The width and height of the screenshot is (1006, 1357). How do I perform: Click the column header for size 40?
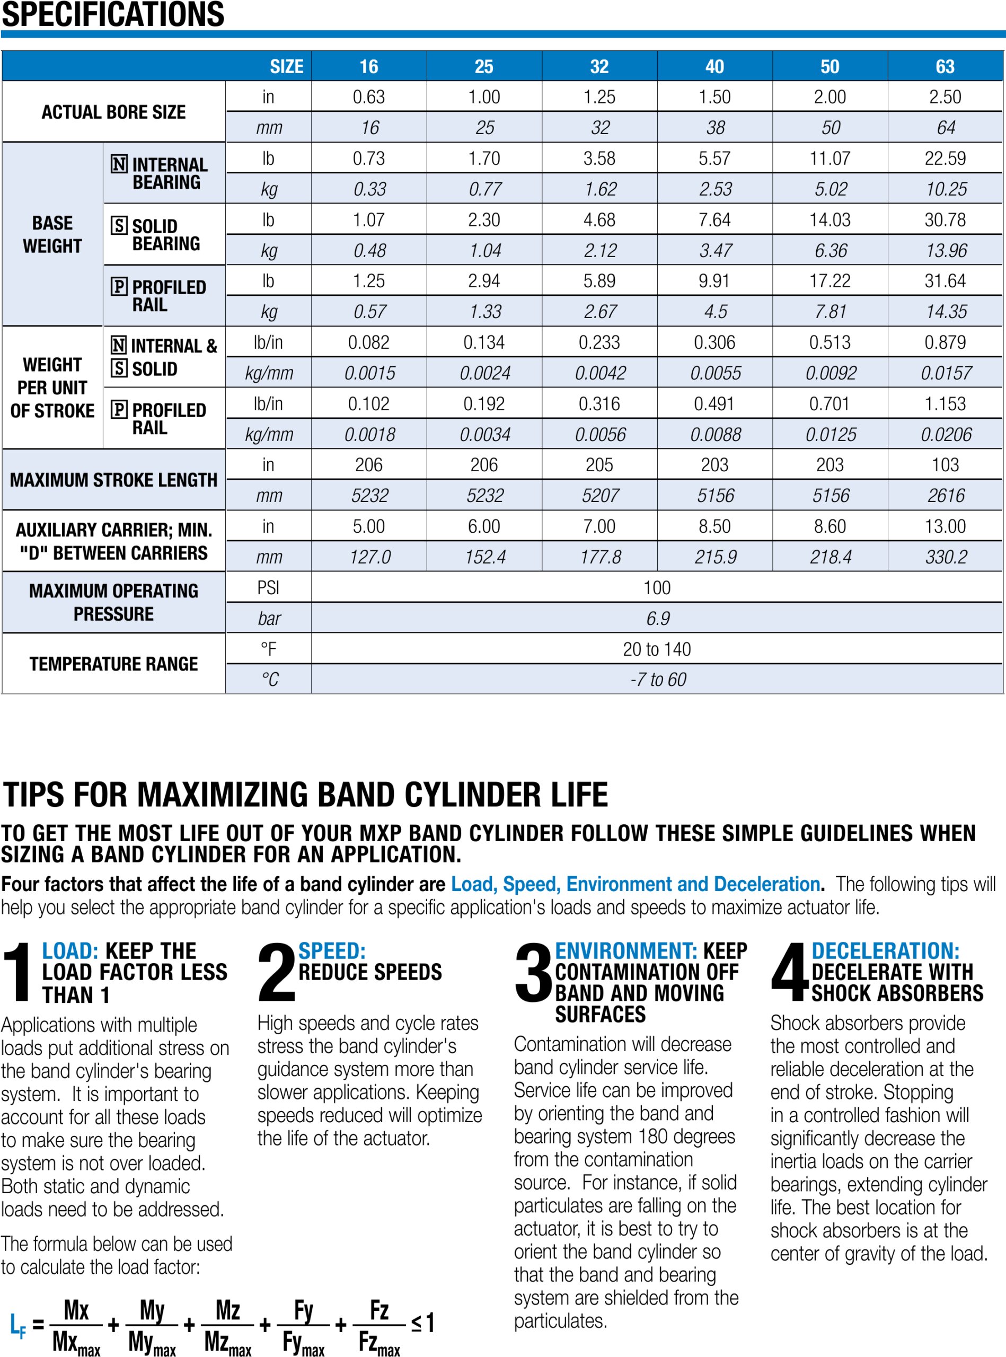[714, 66]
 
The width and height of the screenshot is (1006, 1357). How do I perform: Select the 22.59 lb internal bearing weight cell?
[945, 158]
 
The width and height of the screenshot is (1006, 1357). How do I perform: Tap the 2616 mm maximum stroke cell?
[946, 496]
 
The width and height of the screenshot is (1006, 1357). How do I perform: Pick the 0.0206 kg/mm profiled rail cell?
[946, 434]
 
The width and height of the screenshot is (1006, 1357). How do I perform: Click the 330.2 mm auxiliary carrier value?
[946, 557]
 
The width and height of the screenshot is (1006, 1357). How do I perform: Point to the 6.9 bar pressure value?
[657, 619]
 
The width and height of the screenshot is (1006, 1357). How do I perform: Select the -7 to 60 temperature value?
[657, 680]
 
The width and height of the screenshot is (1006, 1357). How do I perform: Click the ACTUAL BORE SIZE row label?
[113, 112]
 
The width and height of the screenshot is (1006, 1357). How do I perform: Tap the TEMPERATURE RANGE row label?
[113, 664]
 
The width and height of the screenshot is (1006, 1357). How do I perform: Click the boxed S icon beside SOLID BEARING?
[119, 226]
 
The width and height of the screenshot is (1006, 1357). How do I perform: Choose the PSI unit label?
[268, 588]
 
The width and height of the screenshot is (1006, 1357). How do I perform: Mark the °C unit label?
[269, 680]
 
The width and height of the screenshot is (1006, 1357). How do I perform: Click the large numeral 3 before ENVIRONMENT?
[533, 973]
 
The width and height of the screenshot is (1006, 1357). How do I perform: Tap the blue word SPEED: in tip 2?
[332, 951]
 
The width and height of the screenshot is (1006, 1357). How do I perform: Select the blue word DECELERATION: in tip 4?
[885, 951]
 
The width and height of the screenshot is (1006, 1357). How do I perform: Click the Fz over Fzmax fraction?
[379, 1325]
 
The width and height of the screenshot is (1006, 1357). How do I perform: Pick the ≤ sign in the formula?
[416, 1323]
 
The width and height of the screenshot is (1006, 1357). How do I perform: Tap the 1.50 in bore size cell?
[714, 97]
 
